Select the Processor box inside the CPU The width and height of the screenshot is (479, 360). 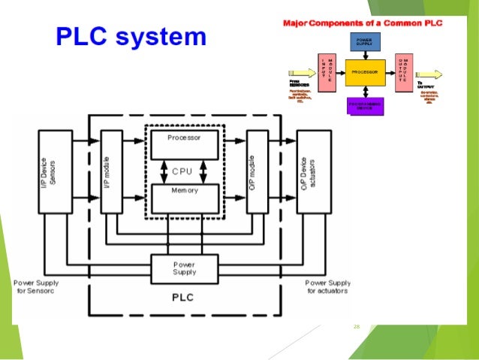point(184,142)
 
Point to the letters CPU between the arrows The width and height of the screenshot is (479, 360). point(183,171)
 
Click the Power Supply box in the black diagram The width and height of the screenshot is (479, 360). point(184,268)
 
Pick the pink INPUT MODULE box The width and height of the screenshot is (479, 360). point(327,72)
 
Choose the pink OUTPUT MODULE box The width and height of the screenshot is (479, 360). point(404,72)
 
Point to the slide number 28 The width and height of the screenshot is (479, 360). point(357,326)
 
